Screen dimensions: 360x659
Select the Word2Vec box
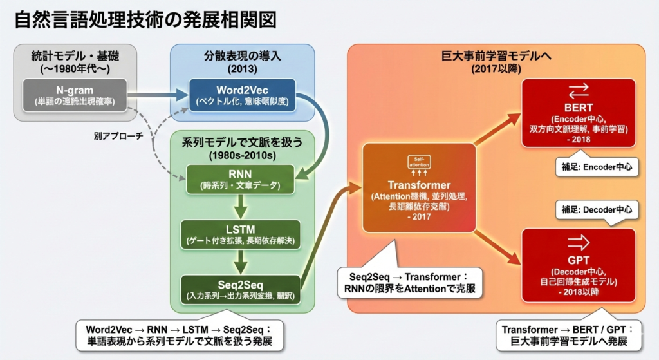click(x=242, y=94)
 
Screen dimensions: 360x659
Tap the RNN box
click(x=239, y=179)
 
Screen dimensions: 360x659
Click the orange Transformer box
click(x=419, y=187)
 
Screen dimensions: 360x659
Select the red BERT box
click(x=577, y=113)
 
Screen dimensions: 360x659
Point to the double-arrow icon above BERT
click(x=577, y=90)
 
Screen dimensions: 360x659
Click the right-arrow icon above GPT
click(x=577, y=242)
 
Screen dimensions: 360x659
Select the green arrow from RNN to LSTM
click(x=240, y=207)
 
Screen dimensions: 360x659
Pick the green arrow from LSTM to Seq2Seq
click(x=240, y=261)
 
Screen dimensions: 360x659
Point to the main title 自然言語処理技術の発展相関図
click(x=145, y=19)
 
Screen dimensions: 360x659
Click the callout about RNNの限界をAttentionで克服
click(x=410, y=281)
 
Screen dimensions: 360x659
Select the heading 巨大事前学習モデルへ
click(x=495, y=56)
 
